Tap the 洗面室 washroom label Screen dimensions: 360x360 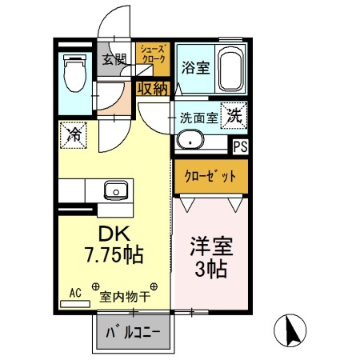coord(198,117)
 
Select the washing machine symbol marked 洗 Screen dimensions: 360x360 coord(234,114)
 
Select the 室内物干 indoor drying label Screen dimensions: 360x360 coord(127,296)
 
